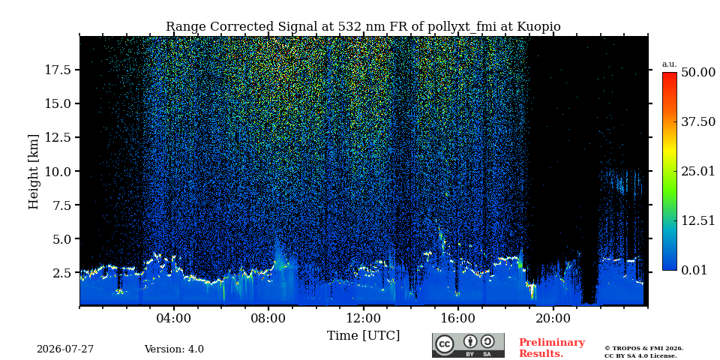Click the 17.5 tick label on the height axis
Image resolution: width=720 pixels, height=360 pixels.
tap(57, 70)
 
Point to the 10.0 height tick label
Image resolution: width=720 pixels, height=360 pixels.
tap(57, 171)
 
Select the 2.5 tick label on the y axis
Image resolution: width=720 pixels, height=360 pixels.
tap(61, 273)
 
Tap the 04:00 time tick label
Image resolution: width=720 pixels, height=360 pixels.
tap(174, 318)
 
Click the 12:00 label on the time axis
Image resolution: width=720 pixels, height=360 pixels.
tap(364, 318)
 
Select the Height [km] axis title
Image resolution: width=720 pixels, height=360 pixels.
tap(34, 171)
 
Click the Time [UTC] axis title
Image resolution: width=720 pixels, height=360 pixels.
tap(363, 336)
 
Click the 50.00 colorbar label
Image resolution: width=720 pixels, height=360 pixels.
tap(698, 73)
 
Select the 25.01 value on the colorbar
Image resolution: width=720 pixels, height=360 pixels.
tap(698, 171)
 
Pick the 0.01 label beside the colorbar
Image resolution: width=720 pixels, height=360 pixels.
tap(694, 270)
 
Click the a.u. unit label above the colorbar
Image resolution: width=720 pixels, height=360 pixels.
tap(670, 64)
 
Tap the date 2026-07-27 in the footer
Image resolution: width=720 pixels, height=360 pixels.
tap(65, 349)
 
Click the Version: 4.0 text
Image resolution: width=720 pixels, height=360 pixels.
tap(174, 349)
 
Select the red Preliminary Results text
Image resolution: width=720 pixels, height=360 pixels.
tap(552, 348)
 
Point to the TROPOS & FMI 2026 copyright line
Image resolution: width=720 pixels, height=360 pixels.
tap(643, 349)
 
